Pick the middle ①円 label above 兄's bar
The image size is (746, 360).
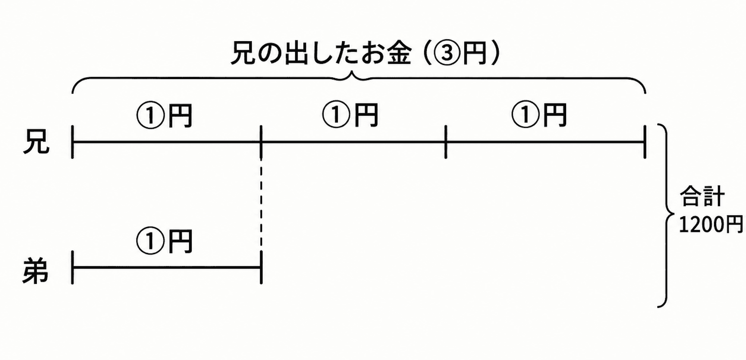point(350,115)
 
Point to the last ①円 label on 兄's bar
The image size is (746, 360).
point(539,115)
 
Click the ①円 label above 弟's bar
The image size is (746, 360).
point(164,241)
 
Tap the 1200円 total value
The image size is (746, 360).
point(711,224)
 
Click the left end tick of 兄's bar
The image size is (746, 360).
point(73,142)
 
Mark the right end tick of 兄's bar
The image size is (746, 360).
point(645,142)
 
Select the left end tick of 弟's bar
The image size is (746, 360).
point(73,267)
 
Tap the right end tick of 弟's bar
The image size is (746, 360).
point(261,267)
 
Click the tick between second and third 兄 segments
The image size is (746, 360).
point(446,142)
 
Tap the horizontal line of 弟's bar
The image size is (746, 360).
point(167,267)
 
